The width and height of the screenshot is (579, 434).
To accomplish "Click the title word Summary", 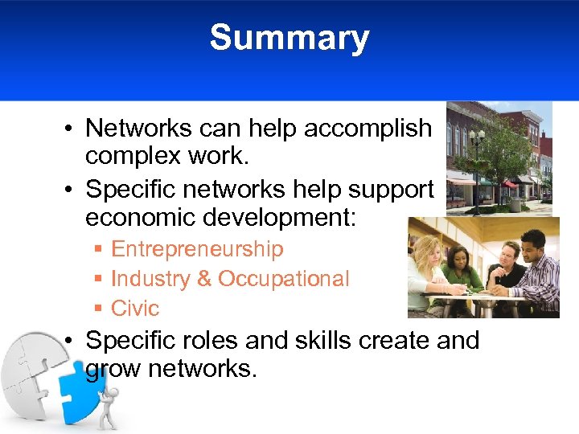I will [x=289, y=39].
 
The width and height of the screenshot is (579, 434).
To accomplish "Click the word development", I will [x=289, y=218].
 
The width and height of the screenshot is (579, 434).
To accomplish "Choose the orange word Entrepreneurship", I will [x=197, y=249].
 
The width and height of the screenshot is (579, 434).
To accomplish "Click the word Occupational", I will [x=284, y=279].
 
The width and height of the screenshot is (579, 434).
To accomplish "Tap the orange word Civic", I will [x=135, y=308].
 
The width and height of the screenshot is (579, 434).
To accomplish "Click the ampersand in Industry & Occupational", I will [x=203, y=279].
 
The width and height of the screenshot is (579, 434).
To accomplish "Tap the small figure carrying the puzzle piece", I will [x=108, y=406].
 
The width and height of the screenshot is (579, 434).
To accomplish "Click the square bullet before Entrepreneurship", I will [x=97, y=250].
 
